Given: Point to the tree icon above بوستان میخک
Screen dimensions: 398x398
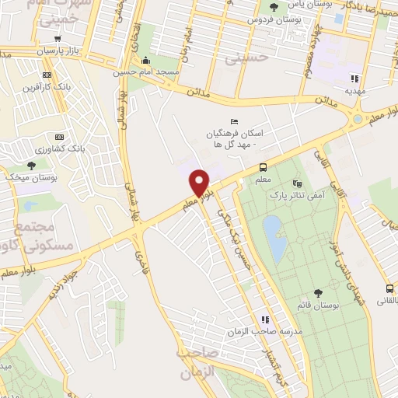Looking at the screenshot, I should pos(32,165).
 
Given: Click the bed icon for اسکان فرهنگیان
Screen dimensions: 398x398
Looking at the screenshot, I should pos(214,119).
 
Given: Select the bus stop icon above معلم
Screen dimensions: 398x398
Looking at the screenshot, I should pos(264,166).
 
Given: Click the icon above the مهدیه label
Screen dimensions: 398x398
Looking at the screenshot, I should pos(355,78).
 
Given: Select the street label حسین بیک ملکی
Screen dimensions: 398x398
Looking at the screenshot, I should pos(229,225).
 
